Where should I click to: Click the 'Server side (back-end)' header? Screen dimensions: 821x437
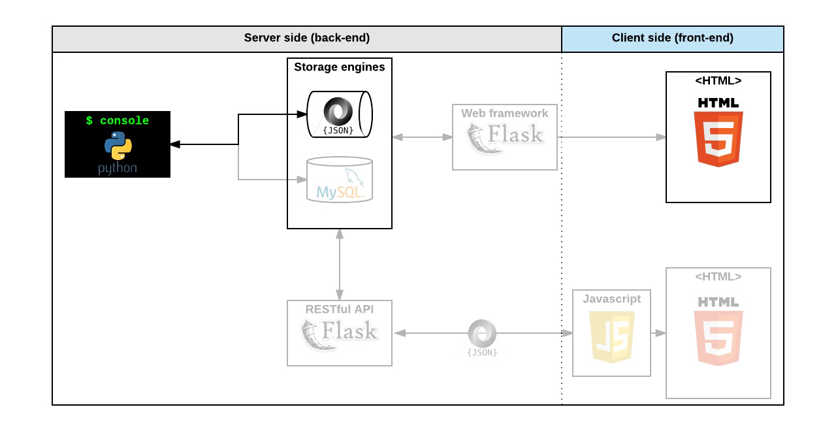(307, 38)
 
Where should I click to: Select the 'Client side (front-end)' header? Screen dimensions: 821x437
(673, 38)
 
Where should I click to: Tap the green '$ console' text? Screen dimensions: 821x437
(118, 120)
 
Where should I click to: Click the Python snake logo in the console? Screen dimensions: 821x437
(118, 146)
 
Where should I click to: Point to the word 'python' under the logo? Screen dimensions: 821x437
(118, 168)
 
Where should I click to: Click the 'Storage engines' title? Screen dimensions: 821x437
(340, 67)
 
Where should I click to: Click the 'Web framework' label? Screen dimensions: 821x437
(505, 113)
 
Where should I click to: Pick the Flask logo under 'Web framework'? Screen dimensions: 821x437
(505, 138)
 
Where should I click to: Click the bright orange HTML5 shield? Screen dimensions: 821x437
(718, 139)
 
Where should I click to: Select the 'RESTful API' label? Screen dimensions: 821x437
(340, 310)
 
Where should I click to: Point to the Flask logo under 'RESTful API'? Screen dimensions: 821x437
(340, 334)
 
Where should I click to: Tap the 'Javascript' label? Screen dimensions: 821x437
(612, 299)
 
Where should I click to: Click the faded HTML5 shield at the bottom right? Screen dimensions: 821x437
(718, 338)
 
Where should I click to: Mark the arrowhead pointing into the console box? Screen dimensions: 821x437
(175, 144)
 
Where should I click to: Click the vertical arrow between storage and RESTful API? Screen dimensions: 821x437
(340, 265)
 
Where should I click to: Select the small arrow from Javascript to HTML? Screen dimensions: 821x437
(658, 333)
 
